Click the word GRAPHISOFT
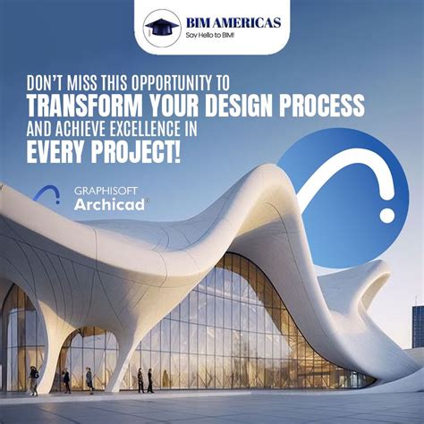(x=101, y=191)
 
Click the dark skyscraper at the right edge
(x=418, y=326)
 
